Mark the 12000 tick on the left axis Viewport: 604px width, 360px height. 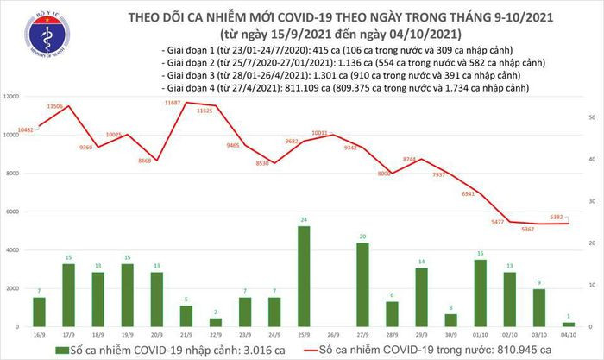tap(12, 97)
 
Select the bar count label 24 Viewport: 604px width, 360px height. tap(304, 221)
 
